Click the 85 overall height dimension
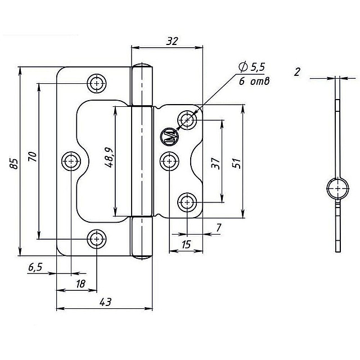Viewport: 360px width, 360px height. pos(14,164)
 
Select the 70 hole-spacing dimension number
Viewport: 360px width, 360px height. pos(33,157)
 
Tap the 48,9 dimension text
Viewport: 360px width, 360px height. pos(109,157)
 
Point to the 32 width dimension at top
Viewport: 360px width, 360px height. pos(172,41)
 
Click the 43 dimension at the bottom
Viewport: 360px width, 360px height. pos(105,302)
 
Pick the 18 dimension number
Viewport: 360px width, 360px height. pos(80,283)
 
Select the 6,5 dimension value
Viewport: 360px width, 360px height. pos(35,267)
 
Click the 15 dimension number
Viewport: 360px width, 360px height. pos(186,244)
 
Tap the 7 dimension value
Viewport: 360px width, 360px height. pos(219,228)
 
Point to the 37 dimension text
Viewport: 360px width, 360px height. pos(215,163)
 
